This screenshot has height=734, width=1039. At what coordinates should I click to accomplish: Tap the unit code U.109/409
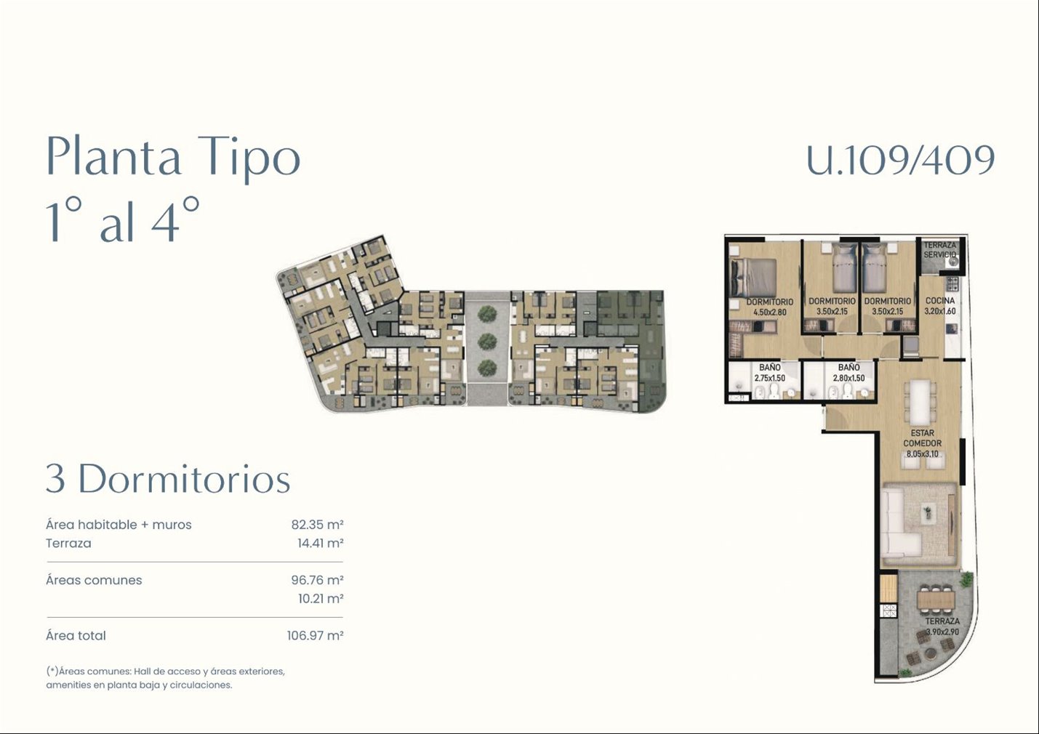pyautogui.click(x=901, y=159)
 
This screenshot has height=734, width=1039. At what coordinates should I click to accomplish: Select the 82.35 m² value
pyautogui.click(x=317, y=525)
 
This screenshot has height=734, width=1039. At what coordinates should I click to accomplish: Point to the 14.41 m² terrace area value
pyautogui.click(x=320, y=543)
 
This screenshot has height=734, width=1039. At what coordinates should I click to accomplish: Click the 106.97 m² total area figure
pyautogui.click(x=315, y=635)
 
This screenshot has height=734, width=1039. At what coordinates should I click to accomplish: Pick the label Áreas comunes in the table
pyautogui.click(x=94, y=580)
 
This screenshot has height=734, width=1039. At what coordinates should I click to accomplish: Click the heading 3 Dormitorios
pyautogui.click(x=168, y=478)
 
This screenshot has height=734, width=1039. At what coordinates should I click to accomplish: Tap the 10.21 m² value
pyautogui.click(x=321, y=599)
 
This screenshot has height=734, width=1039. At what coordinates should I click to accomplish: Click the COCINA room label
pyautogui.click(x=939, y=300)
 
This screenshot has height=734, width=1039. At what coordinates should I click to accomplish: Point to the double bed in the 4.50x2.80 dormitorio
pyautogui.click(x=753, y=278)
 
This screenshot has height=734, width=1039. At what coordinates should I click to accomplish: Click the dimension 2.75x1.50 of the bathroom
pyautogui.click(x=769, y=378)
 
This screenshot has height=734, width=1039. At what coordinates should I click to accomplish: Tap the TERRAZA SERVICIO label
pyautogui.click(x=939, y=250)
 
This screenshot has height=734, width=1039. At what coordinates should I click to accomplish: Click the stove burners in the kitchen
pyautogui.click(x=952, y=283)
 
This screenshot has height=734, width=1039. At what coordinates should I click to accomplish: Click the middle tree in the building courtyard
pyautogui.click(x=486, y=341)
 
